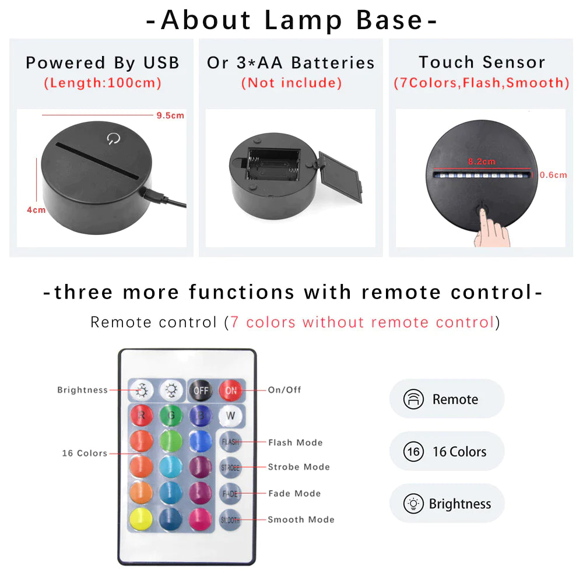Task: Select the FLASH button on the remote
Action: coord(230,442)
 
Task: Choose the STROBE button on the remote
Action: coord(230,468)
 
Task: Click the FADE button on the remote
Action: coord(230,493)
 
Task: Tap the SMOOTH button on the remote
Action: coord(230,519)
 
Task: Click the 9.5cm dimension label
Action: coord(170,115)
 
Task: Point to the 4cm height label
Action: coord(36,210)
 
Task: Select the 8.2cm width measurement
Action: coord(481,161)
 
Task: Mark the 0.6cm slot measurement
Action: coord(553,174)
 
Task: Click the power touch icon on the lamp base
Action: coord(112,139)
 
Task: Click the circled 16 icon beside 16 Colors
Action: coord(413,451)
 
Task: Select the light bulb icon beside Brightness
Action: coord(413,503)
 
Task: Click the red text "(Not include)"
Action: coord(291,83)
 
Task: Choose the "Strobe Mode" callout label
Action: coord(298,467)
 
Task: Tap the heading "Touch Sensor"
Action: coord(482,62)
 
